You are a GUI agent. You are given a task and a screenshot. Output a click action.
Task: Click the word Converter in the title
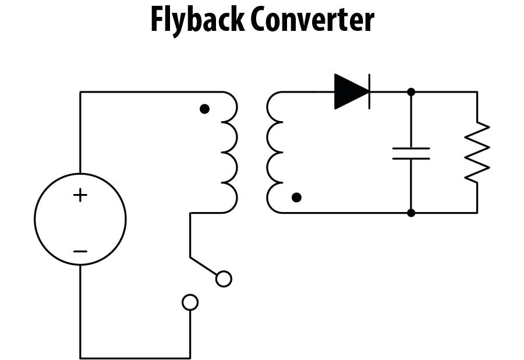(x=312, y=20)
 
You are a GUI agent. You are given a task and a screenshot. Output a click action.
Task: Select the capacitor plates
(x=411, y=153)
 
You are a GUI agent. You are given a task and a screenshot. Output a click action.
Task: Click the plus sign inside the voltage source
(x=80, y=195)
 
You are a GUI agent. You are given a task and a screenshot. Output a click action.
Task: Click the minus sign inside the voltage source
(x=80, y=252)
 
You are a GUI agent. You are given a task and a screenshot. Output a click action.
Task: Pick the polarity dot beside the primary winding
(x=204, y=109)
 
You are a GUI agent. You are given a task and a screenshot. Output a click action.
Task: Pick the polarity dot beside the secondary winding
(x=296, y=197)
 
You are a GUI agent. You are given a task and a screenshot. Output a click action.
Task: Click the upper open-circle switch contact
(x=224, y=279)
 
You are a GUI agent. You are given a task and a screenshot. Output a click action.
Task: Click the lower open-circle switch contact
(x=190, y=302)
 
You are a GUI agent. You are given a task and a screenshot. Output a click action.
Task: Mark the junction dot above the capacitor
(x=411, y=91)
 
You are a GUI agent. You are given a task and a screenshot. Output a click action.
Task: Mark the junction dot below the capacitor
(x=411, y=213)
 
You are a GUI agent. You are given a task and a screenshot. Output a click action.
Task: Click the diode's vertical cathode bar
(x=370, y=91)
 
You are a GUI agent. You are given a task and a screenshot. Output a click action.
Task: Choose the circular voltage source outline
(x=36, y=220)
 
